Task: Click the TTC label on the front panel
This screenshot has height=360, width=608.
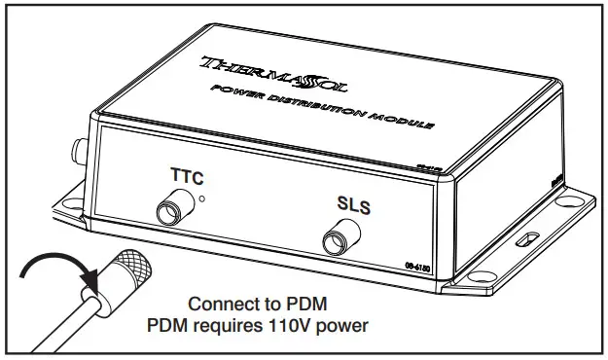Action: coord(188,177)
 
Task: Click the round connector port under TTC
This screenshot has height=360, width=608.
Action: coord(173,209)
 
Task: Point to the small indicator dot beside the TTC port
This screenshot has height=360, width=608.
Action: coord(201,199)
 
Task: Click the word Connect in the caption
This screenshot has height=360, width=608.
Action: coord(223,303)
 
